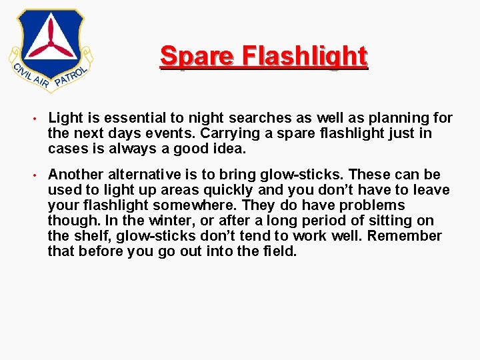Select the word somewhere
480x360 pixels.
coord(203,205)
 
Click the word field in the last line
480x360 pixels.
coord(279,251)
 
